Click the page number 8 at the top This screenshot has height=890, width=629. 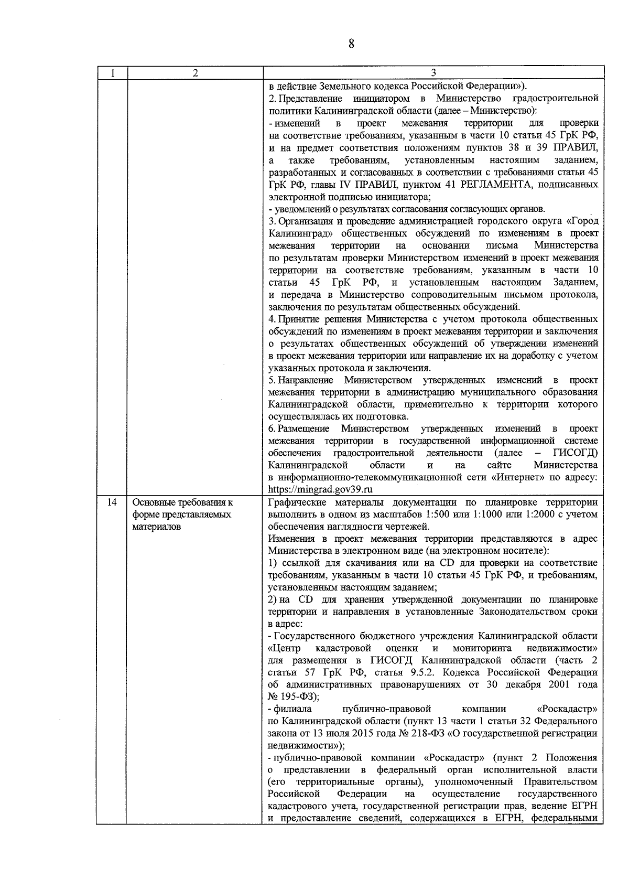tap(351, 44)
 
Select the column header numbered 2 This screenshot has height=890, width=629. tap(195, 73)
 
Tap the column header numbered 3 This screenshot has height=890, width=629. tap(433, 73)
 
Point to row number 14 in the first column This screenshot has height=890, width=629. tap(112, 502)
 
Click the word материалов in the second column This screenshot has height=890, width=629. tap(157, 527)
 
